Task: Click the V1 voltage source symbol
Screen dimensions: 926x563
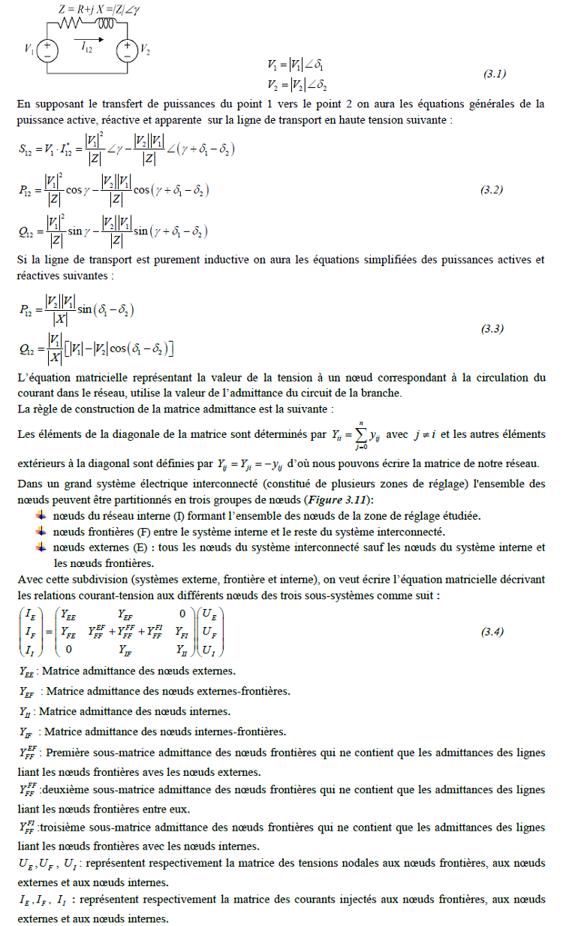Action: [x=47, y=50]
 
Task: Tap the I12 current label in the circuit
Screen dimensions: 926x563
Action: [x=87, y=47]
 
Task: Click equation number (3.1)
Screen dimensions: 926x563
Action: [x=494, y=74]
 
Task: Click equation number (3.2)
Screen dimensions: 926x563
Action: [x=491, y=190]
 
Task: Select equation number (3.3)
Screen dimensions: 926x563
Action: [x=491, y=329]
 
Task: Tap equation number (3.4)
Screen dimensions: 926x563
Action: [x=491, y=632]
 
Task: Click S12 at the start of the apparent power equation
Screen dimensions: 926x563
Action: [x=29, y=149]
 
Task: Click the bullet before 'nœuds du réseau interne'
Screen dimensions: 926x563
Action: [x=41, y=515]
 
